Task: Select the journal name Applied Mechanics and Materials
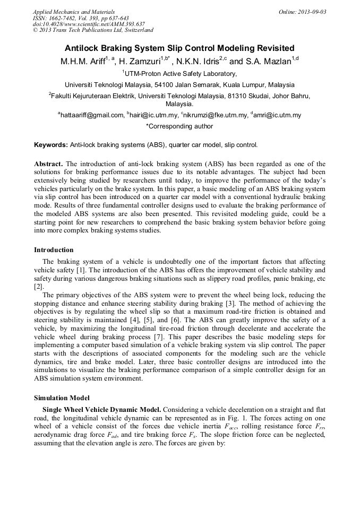click(x=74, y=12)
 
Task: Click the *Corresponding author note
click(x=179, y=126)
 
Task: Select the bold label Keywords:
click(x=50, y=145)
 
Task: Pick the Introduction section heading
click(x=54, y=250)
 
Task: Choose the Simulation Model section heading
click(x=62, y=398)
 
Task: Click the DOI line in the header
click(x=89, y=24)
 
